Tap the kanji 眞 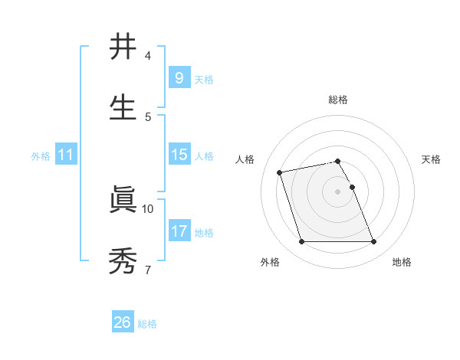click(123, 200)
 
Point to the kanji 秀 click(123, 261)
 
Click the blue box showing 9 click(179, 77)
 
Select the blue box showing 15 click(179, 155)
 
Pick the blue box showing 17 click(179, 231)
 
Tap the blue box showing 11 click(65, 155)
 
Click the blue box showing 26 click(122, 322)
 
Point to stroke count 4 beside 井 click(148, 56)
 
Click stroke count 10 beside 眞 click(148, 208)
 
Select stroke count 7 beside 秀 click(147, 270)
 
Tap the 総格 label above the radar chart click(338, 100)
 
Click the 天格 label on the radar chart click(431, 159)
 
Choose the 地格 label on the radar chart click(402, 262)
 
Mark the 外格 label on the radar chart click(270, 262)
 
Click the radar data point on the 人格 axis click(280, 172)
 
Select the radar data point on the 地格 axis click(373, 242)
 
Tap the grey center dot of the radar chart click(338, 191)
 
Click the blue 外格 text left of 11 click(41, 155)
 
